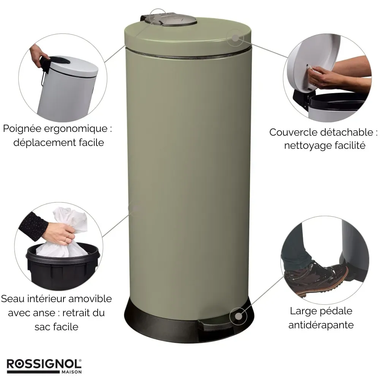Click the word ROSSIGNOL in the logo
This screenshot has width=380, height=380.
tap(44, 364)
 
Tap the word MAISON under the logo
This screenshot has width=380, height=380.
tap(71, 372)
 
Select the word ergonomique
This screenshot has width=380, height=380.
tap(76, 129)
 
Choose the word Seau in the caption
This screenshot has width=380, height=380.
tap(13, 299)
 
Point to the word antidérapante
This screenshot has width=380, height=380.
tap(321, 325)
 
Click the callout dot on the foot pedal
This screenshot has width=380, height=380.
tap(239, 316)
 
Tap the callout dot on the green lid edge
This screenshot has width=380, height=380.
tap(235, 38)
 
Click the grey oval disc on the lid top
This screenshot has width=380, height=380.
tap(179, 21)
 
